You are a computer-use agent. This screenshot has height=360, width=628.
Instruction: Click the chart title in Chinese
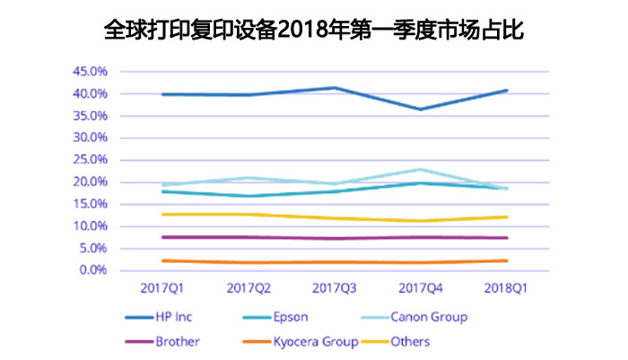[x=314, y=30]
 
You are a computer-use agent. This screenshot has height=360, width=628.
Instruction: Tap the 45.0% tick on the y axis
[x=91, y=71]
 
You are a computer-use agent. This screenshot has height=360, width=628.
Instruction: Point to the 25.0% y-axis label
[x=91, y=160]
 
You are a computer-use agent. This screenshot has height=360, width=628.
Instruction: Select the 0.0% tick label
[x=93, y=270]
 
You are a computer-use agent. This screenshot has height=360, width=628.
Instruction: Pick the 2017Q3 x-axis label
[x=334, y=288]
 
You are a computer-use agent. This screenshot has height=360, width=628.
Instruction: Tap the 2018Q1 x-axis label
[x=506, y=288]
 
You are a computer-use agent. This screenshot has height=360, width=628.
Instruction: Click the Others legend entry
[x=410, y=341]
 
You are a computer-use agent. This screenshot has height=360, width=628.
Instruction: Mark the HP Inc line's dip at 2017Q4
[x=420, y=110]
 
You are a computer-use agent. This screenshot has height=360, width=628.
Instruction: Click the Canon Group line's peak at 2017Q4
[x=420, y=169]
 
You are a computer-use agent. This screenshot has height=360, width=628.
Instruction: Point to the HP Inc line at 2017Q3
[x=334, y=88]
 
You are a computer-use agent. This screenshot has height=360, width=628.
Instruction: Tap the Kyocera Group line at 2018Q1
[x=506, y=260]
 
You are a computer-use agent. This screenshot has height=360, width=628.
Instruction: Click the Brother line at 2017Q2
[x=248, y=237]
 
